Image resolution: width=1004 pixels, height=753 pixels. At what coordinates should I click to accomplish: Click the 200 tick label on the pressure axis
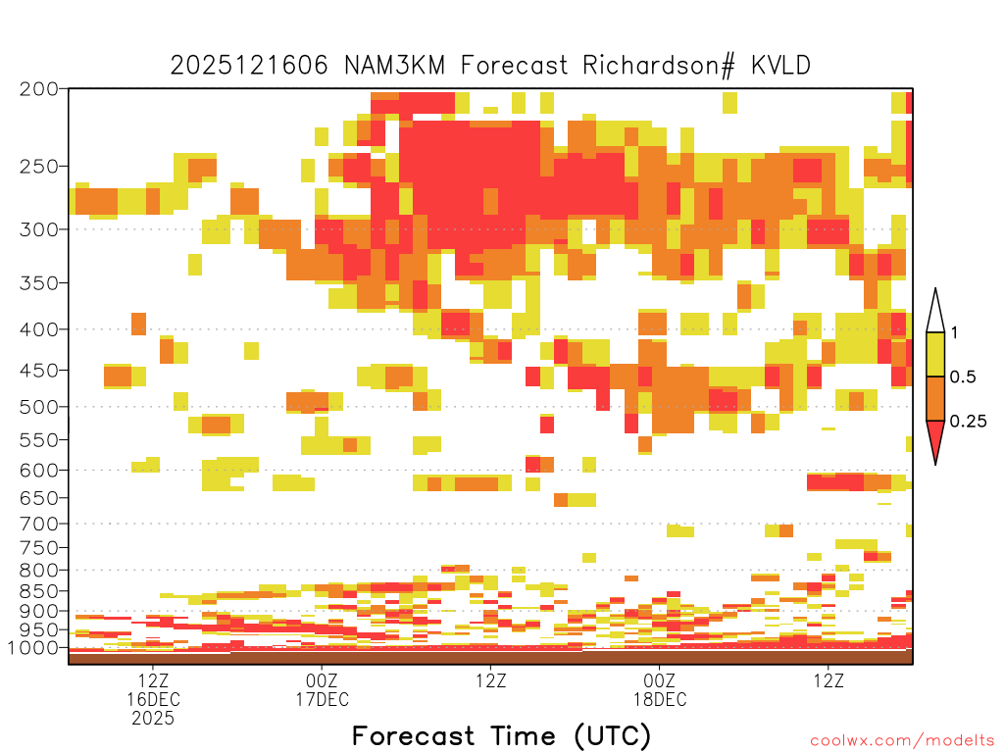(x=39, y=89)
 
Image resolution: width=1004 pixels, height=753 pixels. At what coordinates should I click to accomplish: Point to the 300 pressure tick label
(x=39, y=229)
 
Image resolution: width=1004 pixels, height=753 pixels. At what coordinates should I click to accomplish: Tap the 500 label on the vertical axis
(x=39, y=407)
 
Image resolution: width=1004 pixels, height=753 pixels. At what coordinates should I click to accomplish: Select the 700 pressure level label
(x=39, y=524)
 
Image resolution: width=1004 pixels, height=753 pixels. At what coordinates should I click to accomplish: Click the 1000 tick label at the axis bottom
(x=32, y=647)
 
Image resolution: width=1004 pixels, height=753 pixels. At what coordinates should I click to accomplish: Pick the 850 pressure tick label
(x=39, y=590)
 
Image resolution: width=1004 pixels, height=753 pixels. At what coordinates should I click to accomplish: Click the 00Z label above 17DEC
(x=322, y=680)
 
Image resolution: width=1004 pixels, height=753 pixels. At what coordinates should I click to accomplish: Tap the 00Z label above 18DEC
(x=660, y=680)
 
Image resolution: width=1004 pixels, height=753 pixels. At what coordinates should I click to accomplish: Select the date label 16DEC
(x=153, y=699)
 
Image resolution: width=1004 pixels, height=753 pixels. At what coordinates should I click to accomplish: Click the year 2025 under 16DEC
(x=153, y=719)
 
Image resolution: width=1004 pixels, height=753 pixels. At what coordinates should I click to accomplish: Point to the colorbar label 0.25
(x=968, y=422)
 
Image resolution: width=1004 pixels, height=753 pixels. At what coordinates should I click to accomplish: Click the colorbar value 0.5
(x=963, y=376)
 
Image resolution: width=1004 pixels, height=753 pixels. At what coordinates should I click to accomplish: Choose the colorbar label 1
(x=954, y=332)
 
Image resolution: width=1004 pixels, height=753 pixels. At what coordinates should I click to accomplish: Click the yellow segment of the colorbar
(x=935, y=354)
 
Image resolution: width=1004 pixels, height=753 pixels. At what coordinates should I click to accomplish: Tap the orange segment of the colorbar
(x=935, y=398)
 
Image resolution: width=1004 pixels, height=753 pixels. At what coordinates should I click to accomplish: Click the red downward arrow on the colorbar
(x=935, y=438)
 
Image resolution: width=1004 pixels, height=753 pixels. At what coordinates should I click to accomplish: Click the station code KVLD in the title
(x=780, y=66)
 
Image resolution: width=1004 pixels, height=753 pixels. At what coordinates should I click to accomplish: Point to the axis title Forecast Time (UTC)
(x=501, y=735)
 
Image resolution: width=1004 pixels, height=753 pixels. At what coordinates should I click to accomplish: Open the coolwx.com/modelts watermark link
(x=902, y=741)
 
